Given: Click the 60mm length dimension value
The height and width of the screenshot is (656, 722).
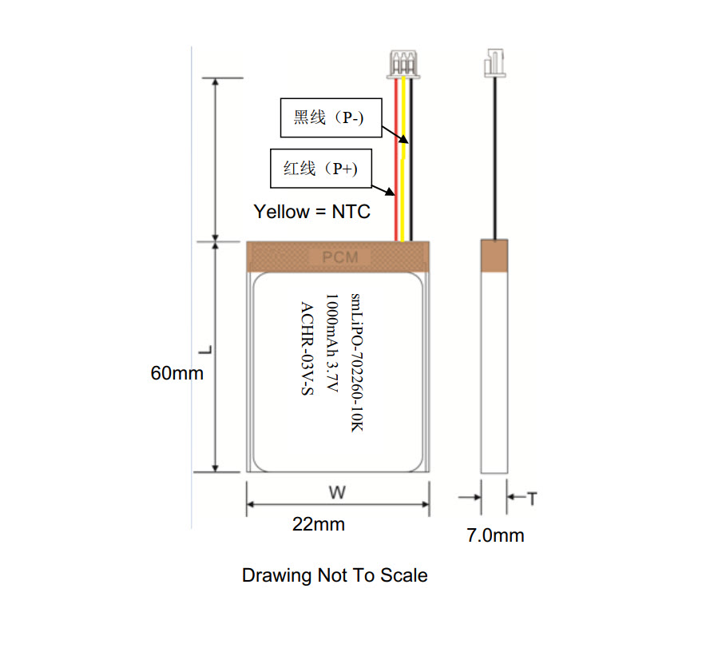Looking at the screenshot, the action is click(177, 372).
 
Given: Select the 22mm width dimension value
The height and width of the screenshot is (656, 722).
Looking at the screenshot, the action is click(319, 524).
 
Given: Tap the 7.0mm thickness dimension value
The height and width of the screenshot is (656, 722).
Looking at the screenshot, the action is click(495, 535).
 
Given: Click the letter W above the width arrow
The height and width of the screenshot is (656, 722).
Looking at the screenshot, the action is click(338, 493).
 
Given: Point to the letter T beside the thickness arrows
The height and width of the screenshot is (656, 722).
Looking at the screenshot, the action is click(532, 499).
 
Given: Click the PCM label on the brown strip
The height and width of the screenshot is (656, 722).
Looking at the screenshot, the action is click(340, 257).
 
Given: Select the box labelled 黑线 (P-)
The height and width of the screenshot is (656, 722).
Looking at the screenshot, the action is click(331, 117).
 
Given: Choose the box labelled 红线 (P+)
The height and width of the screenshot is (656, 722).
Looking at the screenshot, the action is click(321, 168).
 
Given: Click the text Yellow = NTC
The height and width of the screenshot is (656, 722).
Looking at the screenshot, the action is click(311, 212).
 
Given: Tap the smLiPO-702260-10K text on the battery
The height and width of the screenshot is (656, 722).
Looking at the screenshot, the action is click(357, 362).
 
